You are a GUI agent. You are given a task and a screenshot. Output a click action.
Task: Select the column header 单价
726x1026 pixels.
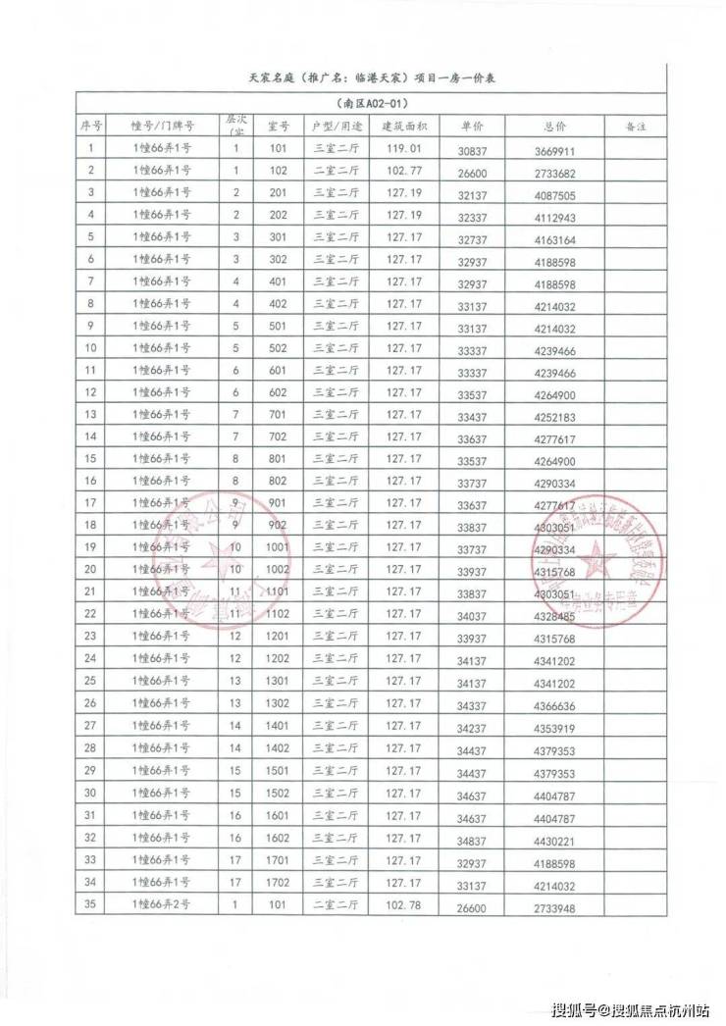click(x=472, y=127)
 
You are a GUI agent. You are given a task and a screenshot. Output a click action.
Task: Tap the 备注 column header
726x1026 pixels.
click(x=634, y=127)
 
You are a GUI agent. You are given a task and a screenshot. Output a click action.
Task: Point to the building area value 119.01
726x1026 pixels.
click(x=403, y=148)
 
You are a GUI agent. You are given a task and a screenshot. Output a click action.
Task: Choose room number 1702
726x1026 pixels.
click(x=278, y=883)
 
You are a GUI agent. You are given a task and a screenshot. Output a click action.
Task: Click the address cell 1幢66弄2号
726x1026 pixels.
click(x=160, y=905)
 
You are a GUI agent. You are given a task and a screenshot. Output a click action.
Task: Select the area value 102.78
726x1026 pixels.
click(x=403, y=904)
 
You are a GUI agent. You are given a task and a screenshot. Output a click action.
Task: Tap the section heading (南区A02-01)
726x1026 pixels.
click(x=370, y=103)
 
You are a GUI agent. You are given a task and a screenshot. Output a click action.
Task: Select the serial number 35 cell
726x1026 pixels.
click(x=90, y=905)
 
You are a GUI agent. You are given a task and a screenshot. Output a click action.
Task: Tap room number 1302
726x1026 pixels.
click(x=278, y=703)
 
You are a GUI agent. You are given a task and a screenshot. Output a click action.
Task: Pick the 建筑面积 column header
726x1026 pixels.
click(x=403, y=127)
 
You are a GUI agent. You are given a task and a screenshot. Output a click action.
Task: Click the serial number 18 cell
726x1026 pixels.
click(x=90, y=524)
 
